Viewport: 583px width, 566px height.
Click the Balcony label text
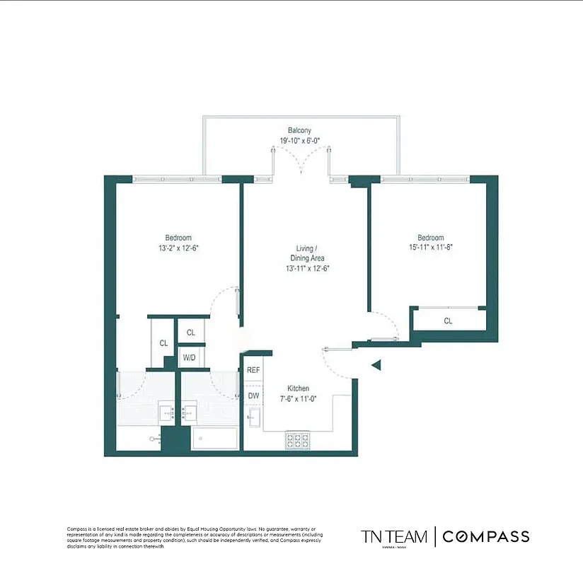(299, 130)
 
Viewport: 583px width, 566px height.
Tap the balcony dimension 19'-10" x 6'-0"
(299, 140)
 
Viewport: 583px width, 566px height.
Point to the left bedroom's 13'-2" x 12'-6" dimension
(178, 248)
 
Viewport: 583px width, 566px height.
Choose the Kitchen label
(298, 388)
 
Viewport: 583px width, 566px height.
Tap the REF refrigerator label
(253, 369)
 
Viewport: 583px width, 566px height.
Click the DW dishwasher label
(253, 395)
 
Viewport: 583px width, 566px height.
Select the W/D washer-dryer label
(190, 357)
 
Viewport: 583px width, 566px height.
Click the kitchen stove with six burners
(298, 441)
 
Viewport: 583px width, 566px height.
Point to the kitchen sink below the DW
(253, 418)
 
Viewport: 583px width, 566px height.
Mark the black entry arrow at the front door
(377, 365)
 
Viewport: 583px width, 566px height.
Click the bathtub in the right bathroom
(214, 439)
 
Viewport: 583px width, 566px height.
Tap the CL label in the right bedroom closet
(448, 320)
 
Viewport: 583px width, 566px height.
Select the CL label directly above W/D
(190, 332)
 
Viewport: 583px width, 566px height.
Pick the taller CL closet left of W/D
(163, 343)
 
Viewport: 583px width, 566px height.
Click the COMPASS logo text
(485, 536)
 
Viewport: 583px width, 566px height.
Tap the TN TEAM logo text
(394, 536)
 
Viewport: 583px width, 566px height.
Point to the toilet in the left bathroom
(156, 439)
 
